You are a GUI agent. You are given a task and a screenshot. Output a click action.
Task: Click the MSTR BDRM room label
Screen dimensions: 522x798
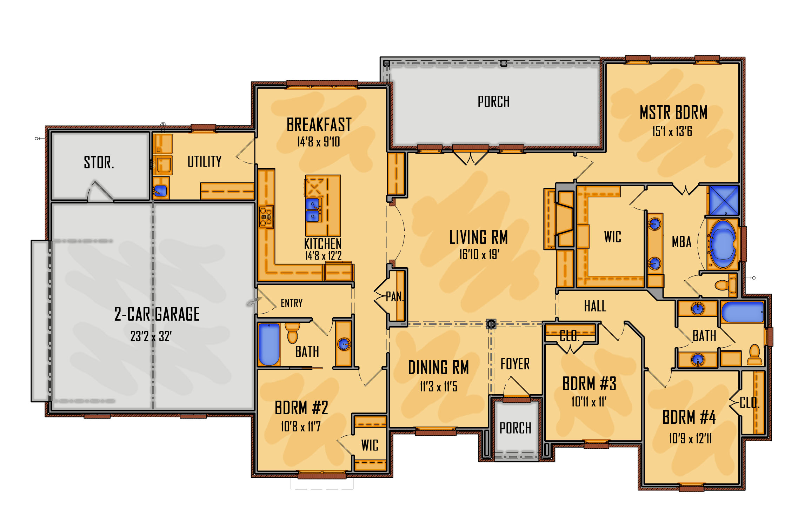click(x=673, y=113)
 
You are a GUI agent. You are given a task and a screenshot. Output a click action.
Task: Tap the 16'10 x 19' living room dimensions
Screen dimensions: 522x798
click(x=479, y=254)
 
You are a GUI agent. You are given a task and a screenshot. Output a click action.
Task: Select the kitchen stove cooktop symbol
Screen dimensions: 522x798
click(x=266, y=217)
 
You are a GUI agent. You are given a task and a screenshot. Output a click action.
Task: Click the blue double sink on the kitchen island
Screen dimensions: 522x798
click(x=313, y=210)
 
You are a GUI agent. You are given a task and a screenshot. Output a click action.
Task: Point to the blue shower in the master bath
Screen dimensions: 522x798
click(x=724, y=200)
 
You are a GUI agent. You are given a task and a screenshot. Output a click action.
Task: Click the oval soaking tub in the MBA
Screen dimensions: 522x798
click(x=722, y=244)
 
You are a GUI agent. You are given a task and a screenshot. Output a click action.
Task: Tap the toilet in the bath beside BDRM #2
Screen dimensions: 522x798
click(x=292, y=333)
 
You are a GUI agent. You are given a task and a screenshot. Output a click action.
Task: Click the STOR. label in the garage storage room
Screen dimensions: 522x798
click(x=99, y=162)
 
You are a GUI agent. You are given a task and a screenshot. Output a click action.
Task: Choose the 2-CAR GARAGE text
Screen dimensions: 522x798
click(x=157, y=314)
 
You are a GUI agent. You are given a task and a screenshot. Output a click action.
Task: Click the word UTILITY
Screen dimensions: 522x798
click(x=204, y=161)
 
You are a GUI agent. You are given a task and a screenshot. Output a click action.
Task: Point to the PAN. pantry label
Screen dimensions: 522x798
click(x=395, y=297)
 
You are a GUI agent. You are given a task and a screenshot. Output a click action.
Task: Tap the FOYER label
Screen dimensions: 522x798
click(x=515, y=364)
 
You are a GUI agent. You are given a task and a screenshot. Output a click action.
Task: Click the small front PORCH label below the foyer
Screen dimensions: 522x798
click(x=515, y=428)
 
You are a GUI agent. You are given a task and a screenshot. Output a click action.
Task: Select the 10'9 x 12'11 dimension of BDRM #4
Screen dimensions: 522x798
click(x=690, y=439)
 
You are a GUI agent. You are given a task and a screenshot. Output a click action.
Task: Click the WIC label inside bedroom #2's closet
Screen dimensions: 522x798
click(x=370, y=445)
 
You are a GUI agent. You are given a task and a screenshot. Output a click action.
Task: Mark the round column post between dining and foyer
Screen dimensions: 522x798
click(x=491, y=324)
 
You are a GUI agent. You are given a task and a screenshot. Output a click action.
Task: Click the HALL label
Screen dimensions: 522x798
click(x=595, y=306)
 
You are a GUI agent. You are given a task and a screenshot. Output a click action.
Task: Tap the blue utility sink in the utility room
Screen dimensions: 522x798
click(x=160, y=191)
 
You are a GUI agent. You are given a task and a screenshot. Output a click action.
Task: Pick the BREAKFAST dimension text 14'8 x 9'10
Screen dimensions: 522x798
click(x=318, y=142)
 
